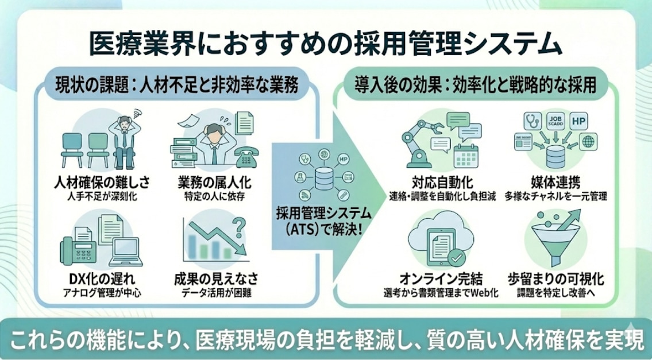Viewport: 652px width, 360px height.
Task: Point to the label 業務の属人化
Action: (214, 184)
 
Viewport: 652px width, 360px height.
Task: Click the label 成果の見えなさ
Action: (215, 279)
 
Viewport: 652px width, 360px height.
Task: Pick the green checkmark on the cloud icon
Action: (457, 258)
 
